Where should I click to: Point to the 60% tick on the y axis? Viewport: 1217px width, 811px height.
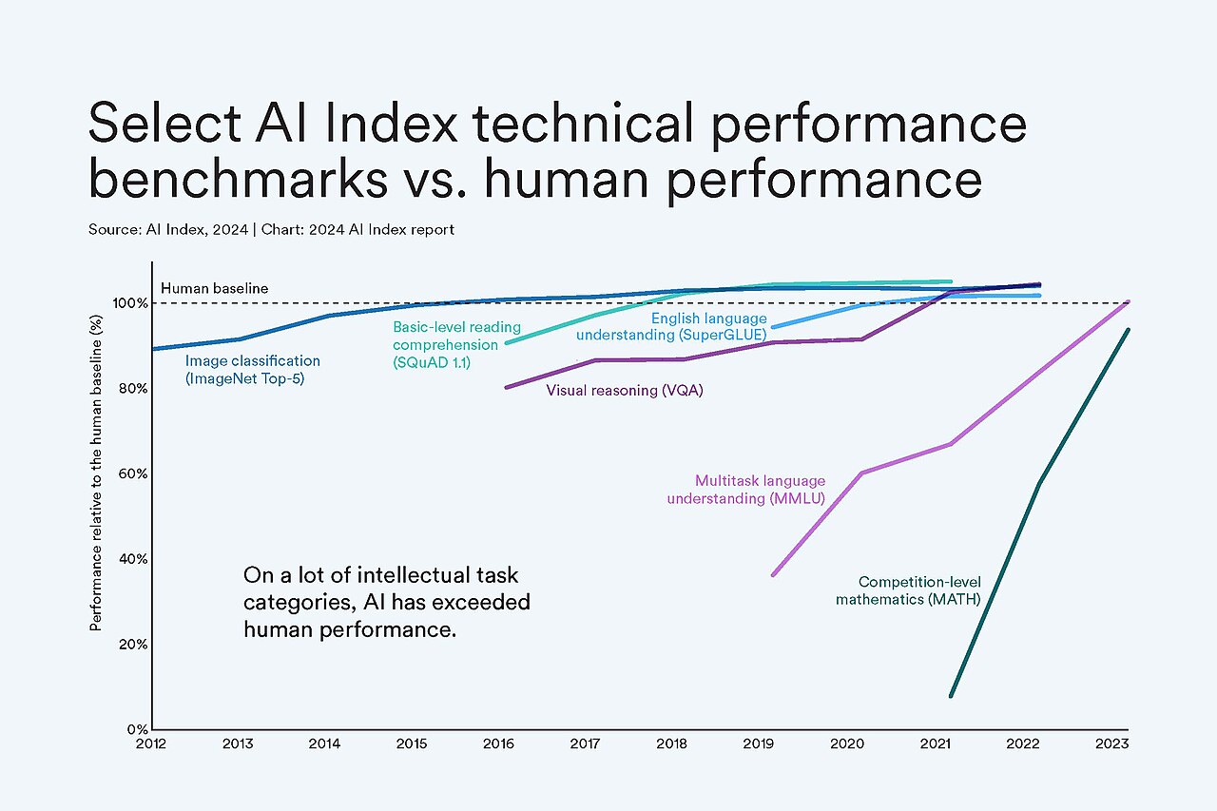click(x=133, y=473)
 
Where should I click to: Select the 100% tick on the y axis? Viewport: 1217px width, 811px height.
click(x=131, y=303)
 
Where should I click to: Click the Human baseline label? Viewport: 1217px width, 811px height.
click(x=214, y=288)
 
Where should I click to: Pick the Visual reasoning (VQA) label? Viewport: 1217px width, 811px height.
click(x=625, y=391)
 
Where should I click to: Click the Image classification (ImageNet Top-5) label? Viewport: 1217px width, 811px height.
click(x=253, y=370)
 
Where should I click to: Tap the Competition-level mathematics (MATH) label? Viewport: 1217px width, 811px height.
click(x=908, y=590)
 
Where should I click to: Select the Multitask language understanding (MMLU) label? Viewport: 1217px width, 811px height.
click(x=746, y=490)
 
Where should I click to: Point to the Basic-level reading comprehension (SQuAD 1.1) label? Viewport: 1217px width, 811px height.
click(x=445, y=344)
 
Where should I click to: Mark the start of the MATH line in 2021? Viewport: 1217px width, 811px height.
click(x=951, y=696)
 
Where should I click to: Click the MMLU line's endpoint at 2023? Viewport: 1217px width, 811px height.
click(x=1128, y=301)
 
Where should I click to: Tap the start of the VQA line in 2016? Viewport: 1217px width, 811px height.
click(x=506, y=387)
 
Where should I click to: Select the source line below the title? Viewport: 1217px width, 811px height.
click(x=271, y=230)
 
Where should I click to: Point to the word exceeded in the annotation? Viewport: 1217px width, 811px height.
click(x=486, y=602)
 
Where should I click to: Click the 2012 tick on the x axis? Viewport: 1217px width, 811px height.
click(x=152, y=743)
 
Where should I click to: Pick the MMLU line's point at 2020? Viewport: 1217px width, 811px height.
click(x=861, y=473)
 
